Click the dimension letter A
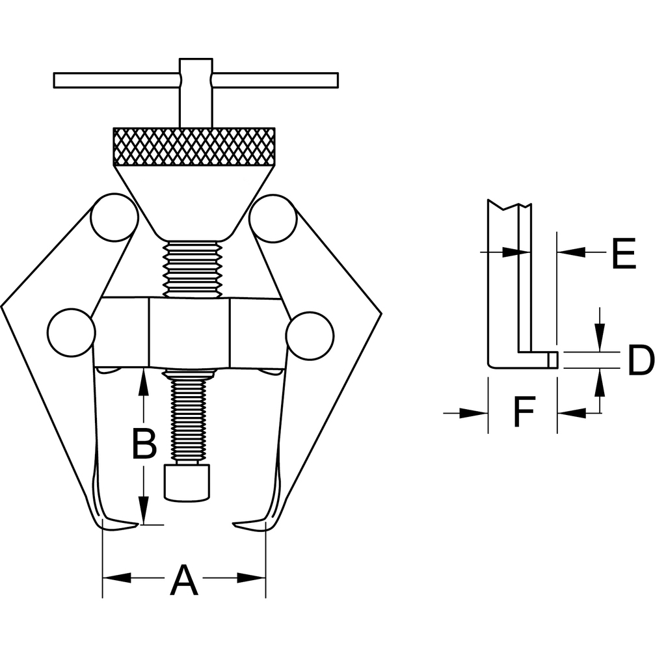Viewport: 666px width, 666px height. coord(184,580)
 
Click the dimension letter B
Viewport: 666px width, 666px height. coord(144,444)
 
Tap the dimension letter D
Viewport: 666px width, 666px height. coord(641,360)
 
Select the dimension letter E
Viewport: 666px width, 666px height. coord(624,254)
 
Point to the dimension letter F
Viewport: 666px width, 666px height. coord(524,411)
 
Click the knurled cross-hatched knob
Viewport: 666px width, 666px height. coord(194,146)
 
